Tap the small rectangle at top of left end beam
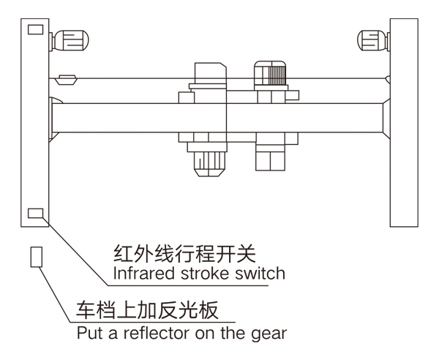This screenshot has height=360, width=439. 34,30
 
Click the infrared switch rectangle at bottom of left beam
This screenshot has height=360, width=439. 34,214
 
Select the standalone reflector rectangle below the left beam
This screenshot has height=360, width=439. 34,257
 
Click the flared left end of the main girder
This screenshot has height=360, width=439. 53,119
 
